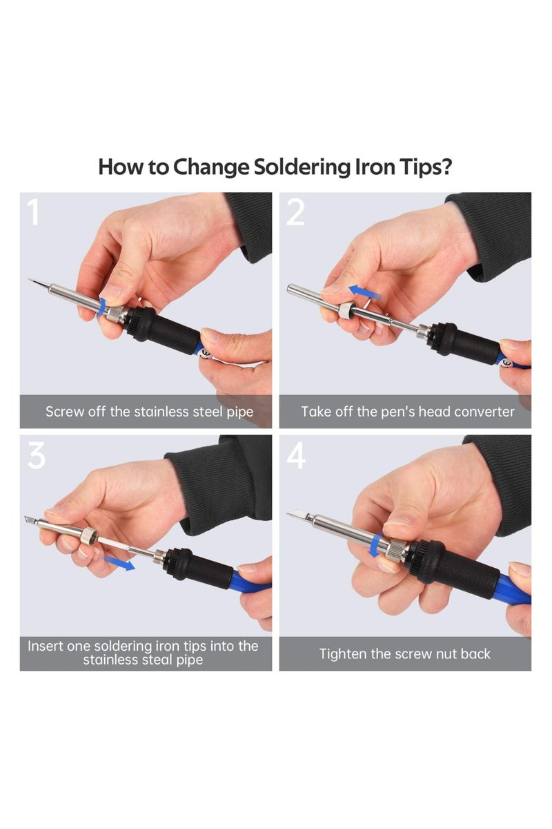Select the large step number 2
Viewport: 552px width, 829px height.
coord(295,213)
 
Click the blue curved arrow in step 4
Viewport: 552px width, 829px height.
coord(374,542)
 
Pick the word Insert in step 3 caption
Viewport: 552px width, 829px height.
coord(46,647)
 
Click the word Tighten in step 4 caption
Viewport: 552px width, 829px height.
coord(343,654)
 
